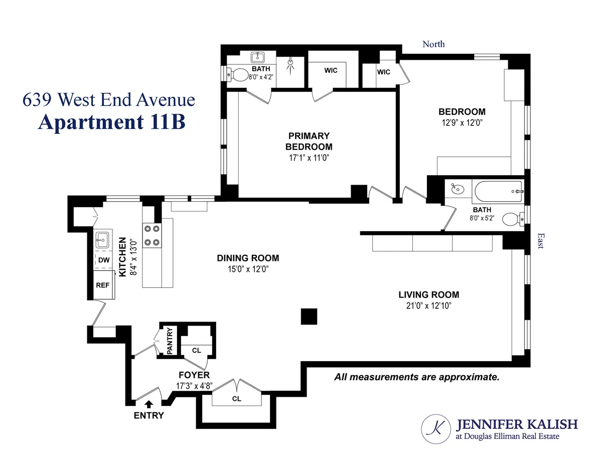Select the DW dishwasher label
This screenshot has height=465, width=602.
tap(104, 260)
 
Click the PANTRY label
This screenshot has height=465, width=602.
tap(170, 341)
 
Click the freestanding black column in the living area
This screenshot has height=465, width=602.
tap(309, 317)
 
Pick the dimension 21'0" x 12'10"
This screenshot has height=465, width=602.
tap(429, 305)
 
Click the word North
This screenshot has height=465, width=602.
tap(433, 44)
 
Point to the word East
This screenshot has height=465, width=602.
tap(540, 240)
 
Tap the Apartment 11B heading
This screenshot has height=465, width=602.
tap(111, 122)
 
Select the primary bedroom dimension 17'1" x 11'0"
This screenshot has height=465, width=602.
tap(309, 158)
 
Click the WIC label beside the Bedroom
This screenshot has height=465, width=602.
tap(384, 72)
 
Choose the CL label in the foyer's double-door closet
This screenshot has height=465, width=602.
tap(237, 399)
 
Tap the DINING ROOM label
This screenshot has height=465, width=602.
tap(248, 258)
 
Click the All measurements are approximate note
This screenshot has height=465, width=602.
tap(417, 377)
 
